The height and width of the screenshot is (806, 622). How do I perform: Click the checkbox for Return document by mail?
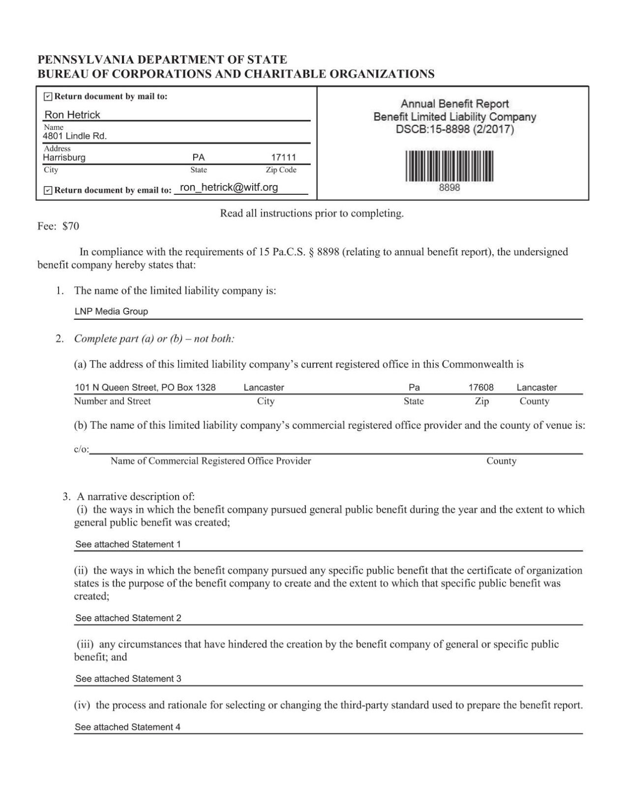(48, 96)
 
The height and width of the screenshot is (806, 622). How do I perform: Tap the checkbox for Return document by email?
(48, 190)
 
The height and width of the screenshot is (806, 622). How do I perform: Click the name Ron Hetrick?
(72, 115)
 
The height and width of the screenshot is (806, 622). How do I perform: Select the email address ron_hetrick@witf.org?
(229, 187)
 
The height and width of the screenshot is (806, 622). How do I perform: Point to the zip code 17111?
(284, 157)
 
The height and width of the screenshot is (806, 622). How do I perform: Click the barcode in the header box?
(449, 166)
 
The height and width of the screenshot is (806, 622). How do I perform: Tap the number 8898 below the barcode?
(449, 188)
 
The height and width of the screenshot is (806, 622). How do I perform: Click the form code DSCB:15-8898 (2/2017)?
(455, 130)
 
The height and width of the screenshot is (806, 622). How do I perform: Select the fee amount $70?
(71, 226)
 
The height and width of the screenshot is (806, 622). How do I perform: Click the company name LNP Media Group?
(111, 311)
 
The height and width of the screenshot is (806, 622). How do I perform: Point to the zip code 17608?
(480, 388)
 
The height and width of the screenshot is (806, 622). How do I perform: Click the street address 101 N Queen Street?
(116, 388)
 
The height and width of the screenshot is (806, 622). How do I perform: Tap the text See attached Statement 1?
(128, 544)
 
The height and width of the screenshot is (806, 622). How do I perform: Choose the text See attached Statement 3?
(128, 679)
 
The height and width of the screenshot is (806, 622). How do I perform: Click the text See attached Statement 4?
(127, 727)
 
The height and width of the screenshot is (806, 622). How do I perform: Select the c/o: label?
(81, 449)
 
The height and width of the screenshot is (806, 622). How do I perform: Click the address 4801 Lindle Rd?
(75, 136)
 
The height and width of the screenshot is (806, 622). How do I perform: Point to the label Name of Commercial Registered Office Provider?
(210, 461)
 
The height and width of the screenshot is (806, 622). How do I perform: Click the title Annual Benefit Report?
(454, 104)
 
